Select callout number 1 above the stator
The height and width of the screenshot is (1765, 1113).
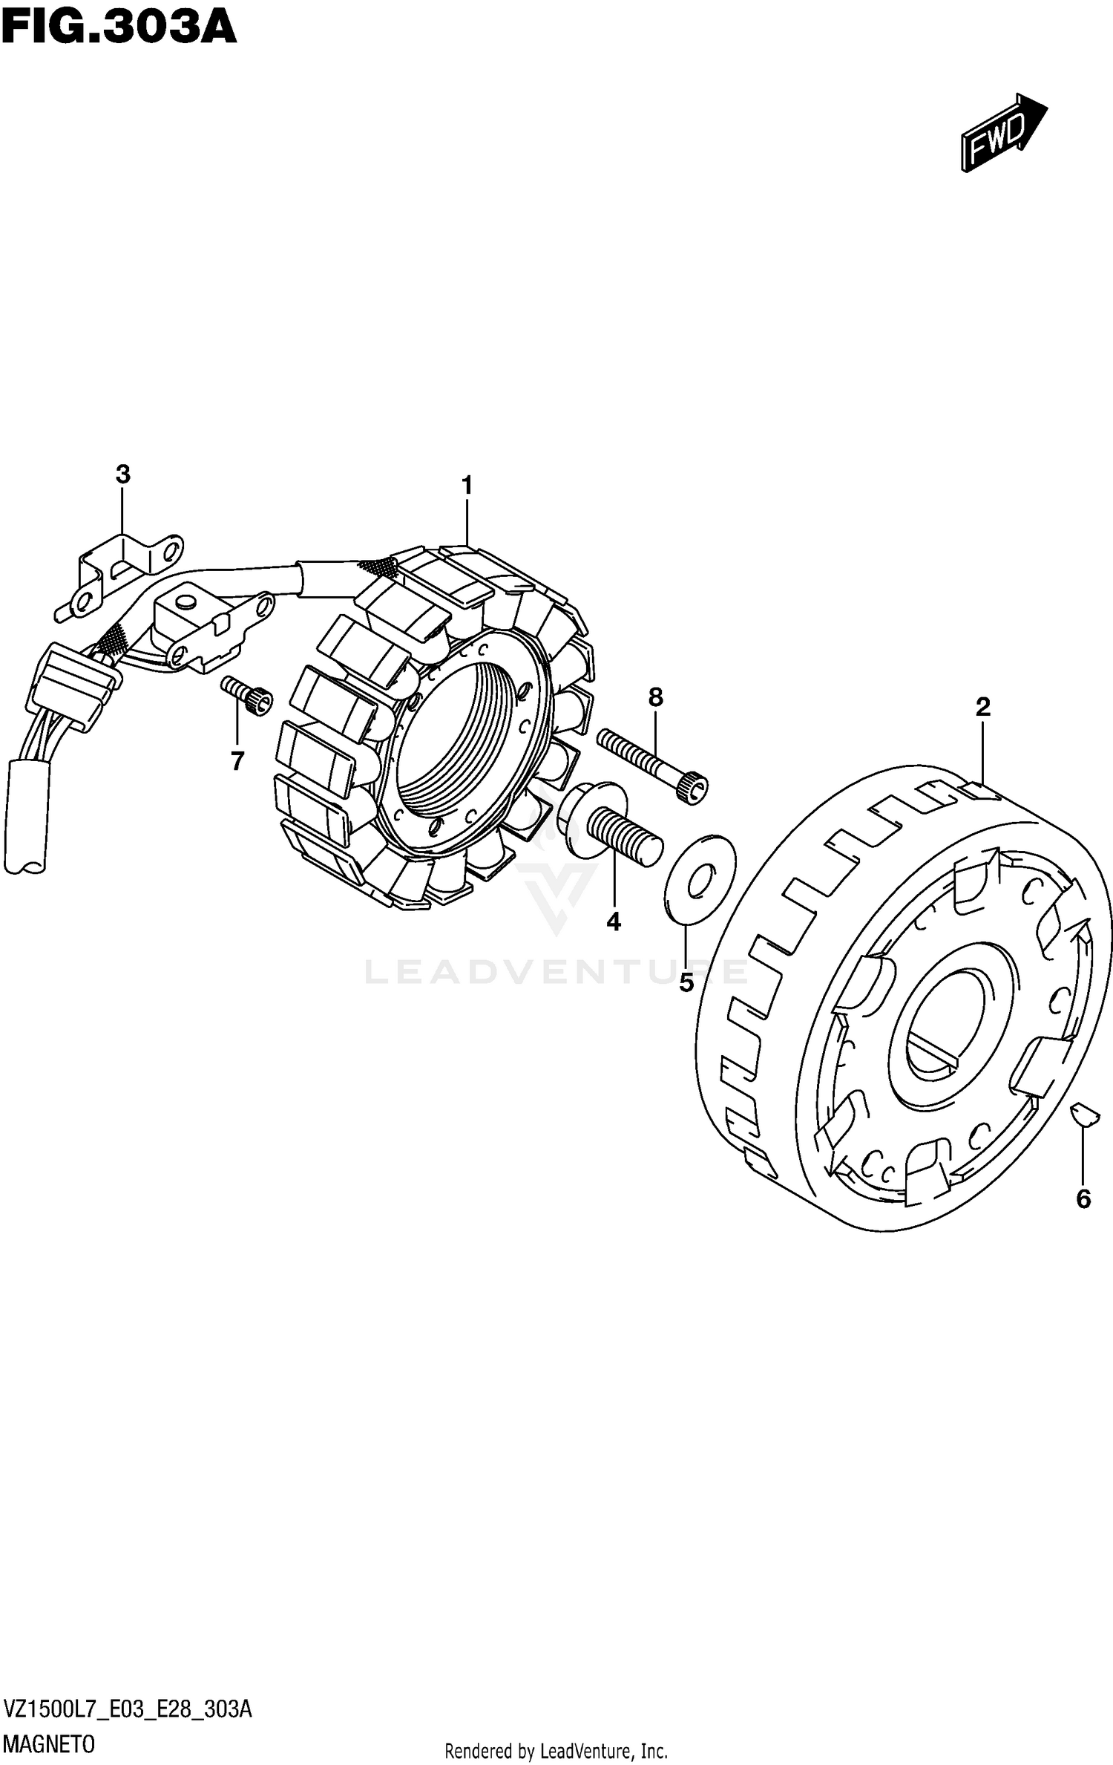[x=467, y=486]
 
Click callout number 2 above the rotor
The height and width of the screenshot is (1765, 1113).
[x=982, y=707]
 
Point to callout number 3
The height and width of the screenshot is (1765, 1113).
[x=123, y=474]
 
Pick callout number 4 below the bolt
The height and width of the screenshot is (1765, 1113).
[x=614, y=921]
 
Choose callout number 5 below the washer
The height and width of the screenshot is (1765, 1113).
[x=686, y=983]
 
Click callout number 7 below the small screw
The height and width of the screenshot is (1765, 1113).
[x=237, y=761]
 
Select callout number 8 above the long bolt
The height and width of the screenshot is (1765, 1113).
[x=655, y=697]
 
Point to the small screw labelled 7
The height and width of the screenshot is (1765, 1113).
[x=247, y=696]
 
